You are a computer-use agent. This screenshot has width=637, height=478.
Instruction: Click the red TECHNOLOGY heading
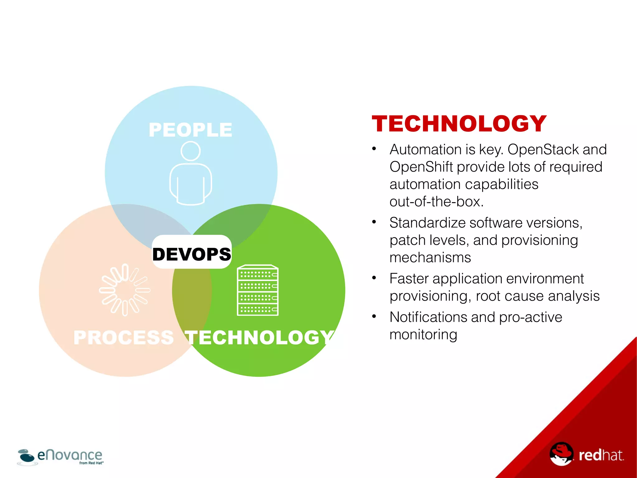pyautogui.click(x=459, y=124)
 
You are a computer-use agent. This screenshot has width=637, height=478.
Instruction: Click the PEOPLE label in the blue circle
pyautogui.click(x=190, y=130)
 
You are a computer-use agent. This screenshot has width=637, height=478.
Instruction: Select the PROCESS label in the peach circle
pyautogui.click(x=123, y=337)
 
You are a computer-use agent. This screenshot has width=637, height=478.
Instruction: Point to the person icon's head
pyautogui.click(x=190, y=151)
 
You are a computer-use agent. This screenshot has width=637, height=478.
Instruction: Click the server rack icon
pyautogui.click(x=258, y=290)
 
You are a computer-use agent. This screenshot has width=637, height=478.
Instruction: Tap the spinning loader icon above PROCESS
pyautogui.click(x=124, y=290)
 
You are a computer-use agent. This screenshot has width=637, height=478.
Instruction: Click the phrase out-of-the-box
pyautogui.click(x=436, y=202)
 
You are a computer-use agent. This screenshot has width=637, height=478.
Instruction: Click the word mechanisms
pyautogui.click(x=430, y=258)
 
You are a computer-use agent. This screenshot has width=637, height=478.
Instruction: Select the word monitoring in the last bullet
pyautogui.click(x=423, y=335)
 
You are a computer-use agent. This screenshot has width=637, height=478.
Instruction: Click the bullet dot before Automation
pyautogui.click(x=374, y=149)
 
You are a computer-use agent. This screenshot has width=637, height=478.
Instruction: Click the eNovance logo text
pyautogui.click(x=70, y=455)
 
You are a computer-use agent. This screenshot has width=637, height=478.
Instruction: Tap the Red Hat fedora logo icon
pyautogui.click(x=561, y=453)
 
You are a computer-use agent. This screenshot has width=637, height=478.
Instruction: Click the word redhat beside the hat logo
pyautogui.click(x=601, y=455)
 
